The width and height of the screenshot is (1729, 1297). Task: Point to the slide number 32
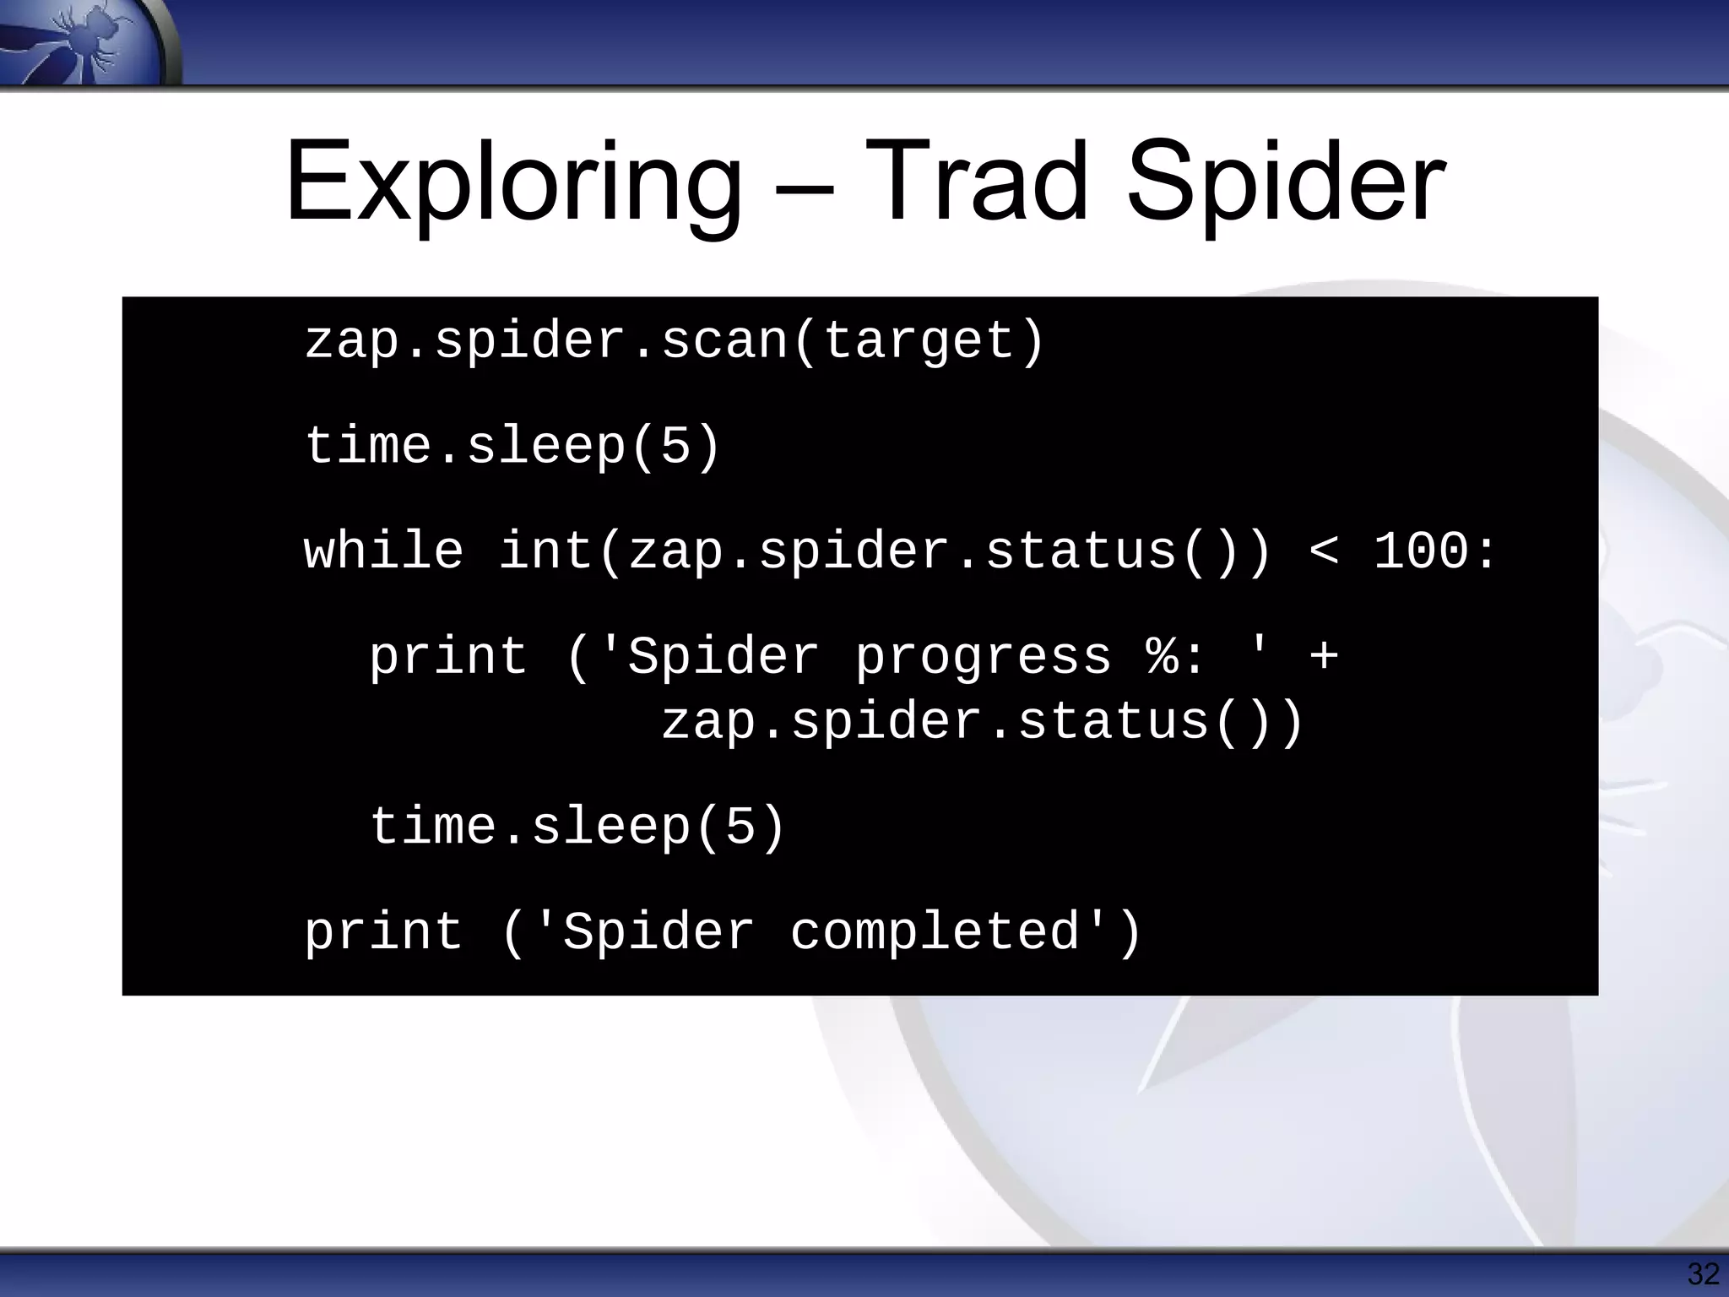(x=1703, y=1273)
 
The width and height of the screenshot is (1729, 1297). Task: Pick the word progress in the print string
(x=983, y=659)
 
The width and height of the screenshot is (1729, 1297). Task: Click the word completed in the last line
(x=935, y=933)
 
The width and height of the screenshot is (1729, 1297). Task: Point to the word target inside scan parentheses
(x=919, y=342)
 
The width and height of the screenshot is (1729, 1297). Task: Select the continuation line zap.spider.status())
(x=983, y=722)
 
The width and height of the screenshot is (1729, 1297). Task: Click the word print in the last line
(x=383, y=933)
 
